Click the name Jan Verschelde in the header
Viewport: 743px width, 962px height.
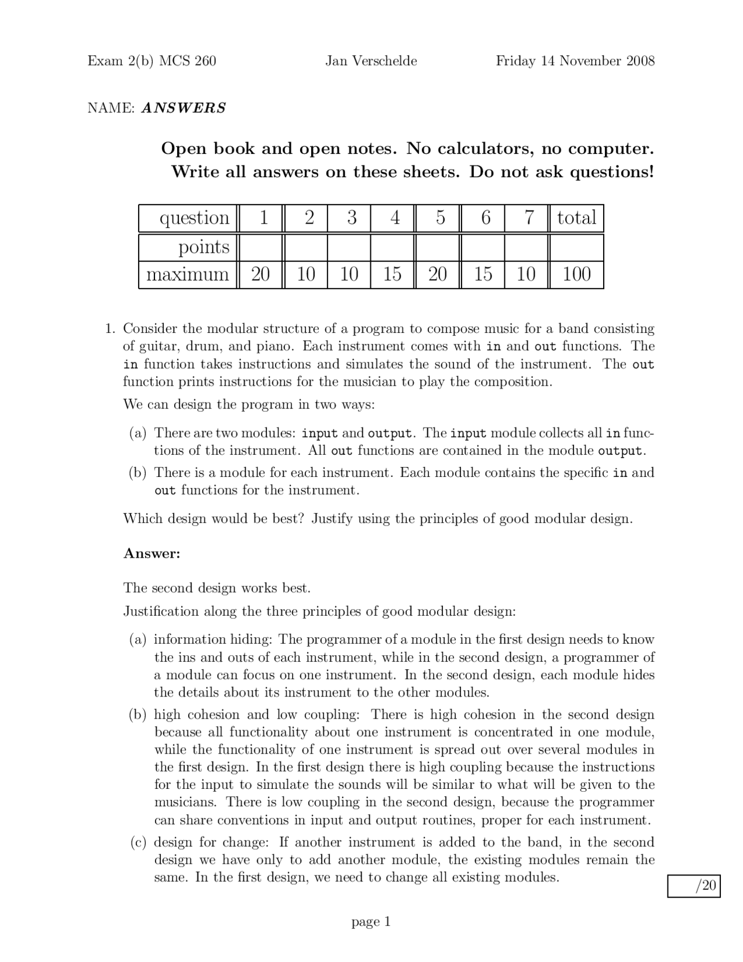[371, 61]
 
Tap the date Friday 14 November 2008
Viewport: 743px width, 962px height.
[575, 61]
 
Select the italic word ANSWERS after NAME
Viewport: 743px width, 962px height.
[183, 108]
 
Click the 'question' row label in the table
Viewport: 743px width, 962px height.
[194, 218]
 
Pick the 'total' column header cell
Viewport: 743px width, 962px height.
[576, 218]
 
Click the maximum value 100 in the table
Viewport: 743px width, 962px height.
[576, 274]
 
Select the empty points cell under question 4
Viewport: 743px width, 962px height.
[393, 247]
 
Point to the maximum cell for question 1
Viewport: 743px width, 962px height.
[261, 274]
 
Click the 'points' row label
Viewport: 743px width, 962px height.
[204, 247]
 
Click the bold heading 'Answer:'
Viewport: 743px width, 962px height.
[152, 554]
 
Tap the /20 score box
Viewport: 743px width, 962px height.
[694, 886]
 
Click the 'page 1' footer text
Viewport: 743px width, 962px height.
[371, 922]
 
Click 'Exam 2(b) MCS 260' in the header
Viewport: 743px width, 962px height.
[152, 61]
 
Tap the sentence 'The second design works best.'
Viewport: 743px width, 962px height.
[217, 588]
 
